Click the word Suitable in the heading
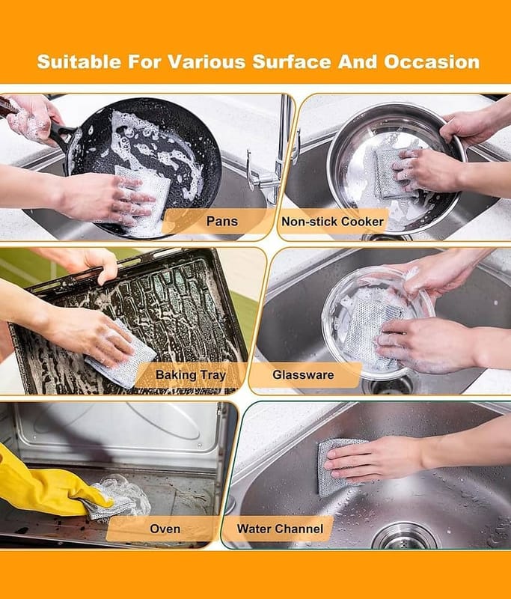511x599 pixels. (79, 62)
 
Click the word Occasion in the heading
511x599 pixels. (432, 62)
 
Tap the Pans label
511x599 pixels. (221, 221)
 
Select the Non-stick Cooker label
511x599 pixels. (332, 221)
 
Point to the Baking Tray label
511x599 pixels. (191, 375)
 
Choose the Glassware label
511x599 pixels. (303, 375)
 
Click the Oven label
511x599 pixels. (165, 529)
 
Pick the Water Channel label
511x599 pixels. (280, 529)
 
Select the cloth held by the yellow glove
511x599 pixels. (114, 496)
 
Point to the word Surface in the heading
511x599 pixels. (291, 62)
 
